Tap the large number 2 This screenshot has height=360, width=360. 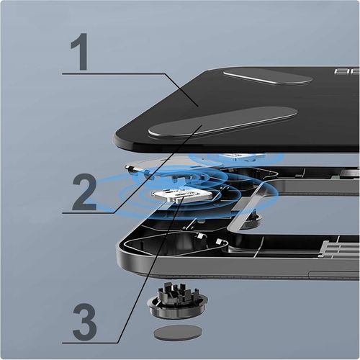85,186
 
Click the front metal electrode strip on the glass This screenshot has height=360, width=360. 222,121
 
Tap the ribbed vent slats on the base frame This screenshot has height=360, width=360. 337,249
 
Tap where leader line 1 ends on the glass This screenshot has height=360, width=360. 198,105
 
